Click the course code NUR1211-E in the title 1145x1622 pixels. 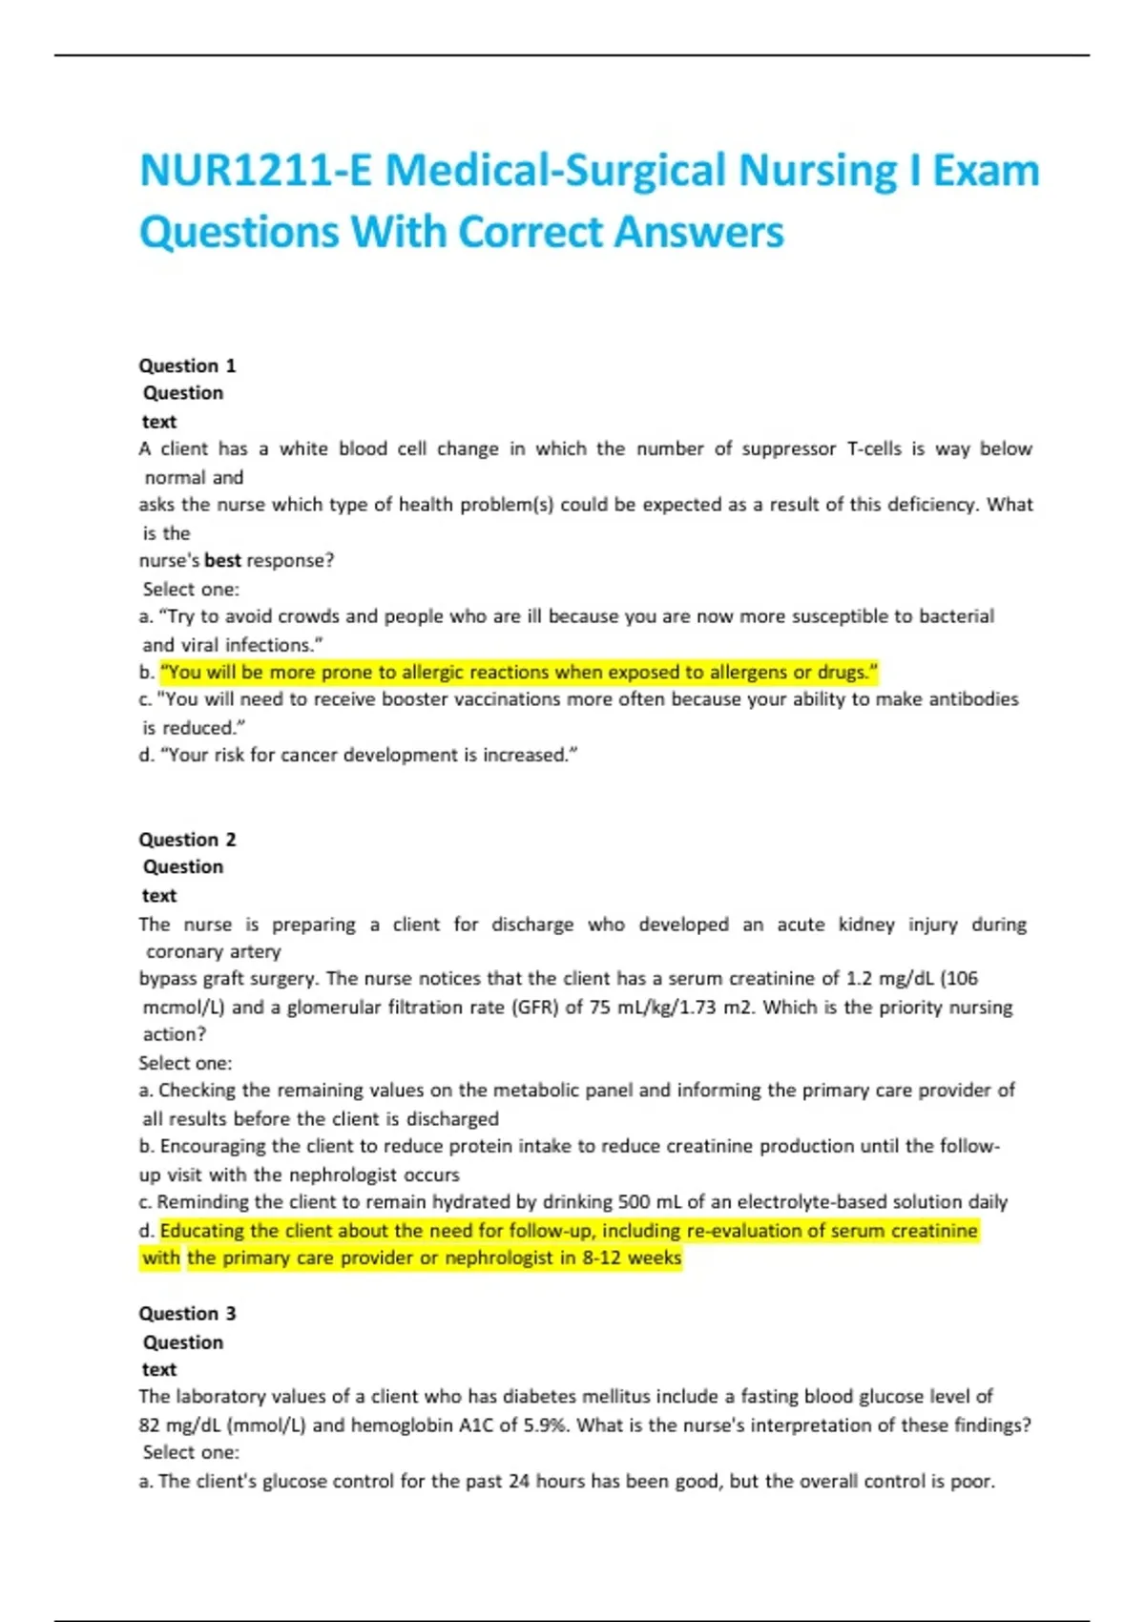255,172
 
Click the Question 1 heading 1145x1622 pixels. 187,365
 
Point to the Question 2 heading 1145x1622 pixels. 187,840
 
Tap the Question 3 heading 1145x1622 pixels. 187,1314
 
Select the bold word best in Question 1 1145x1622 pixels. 222,561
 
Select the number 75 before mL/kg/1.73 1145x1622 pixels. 599,1008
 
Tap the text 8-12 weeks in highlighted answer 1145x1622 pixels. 632,1258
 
